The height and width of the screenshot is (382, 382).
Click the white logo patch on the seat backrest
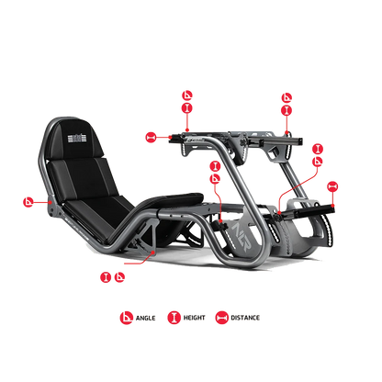pos(76,139)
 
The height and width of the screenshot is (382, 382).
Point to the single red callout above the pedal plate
pos(332,186)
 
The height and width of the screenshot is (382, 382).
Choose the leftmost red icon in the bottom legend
pos(125,318)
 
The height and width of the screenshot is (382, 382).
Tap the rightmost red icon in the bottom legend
pos(220,318)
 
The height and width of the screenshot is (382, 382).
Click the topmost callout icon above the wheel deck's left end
pos(186,94)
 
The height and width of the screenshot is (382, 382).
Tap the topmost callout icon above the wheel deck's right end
pos(286,95)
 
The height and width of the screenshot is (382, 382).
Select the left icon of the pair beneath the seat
pos(103,275)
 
